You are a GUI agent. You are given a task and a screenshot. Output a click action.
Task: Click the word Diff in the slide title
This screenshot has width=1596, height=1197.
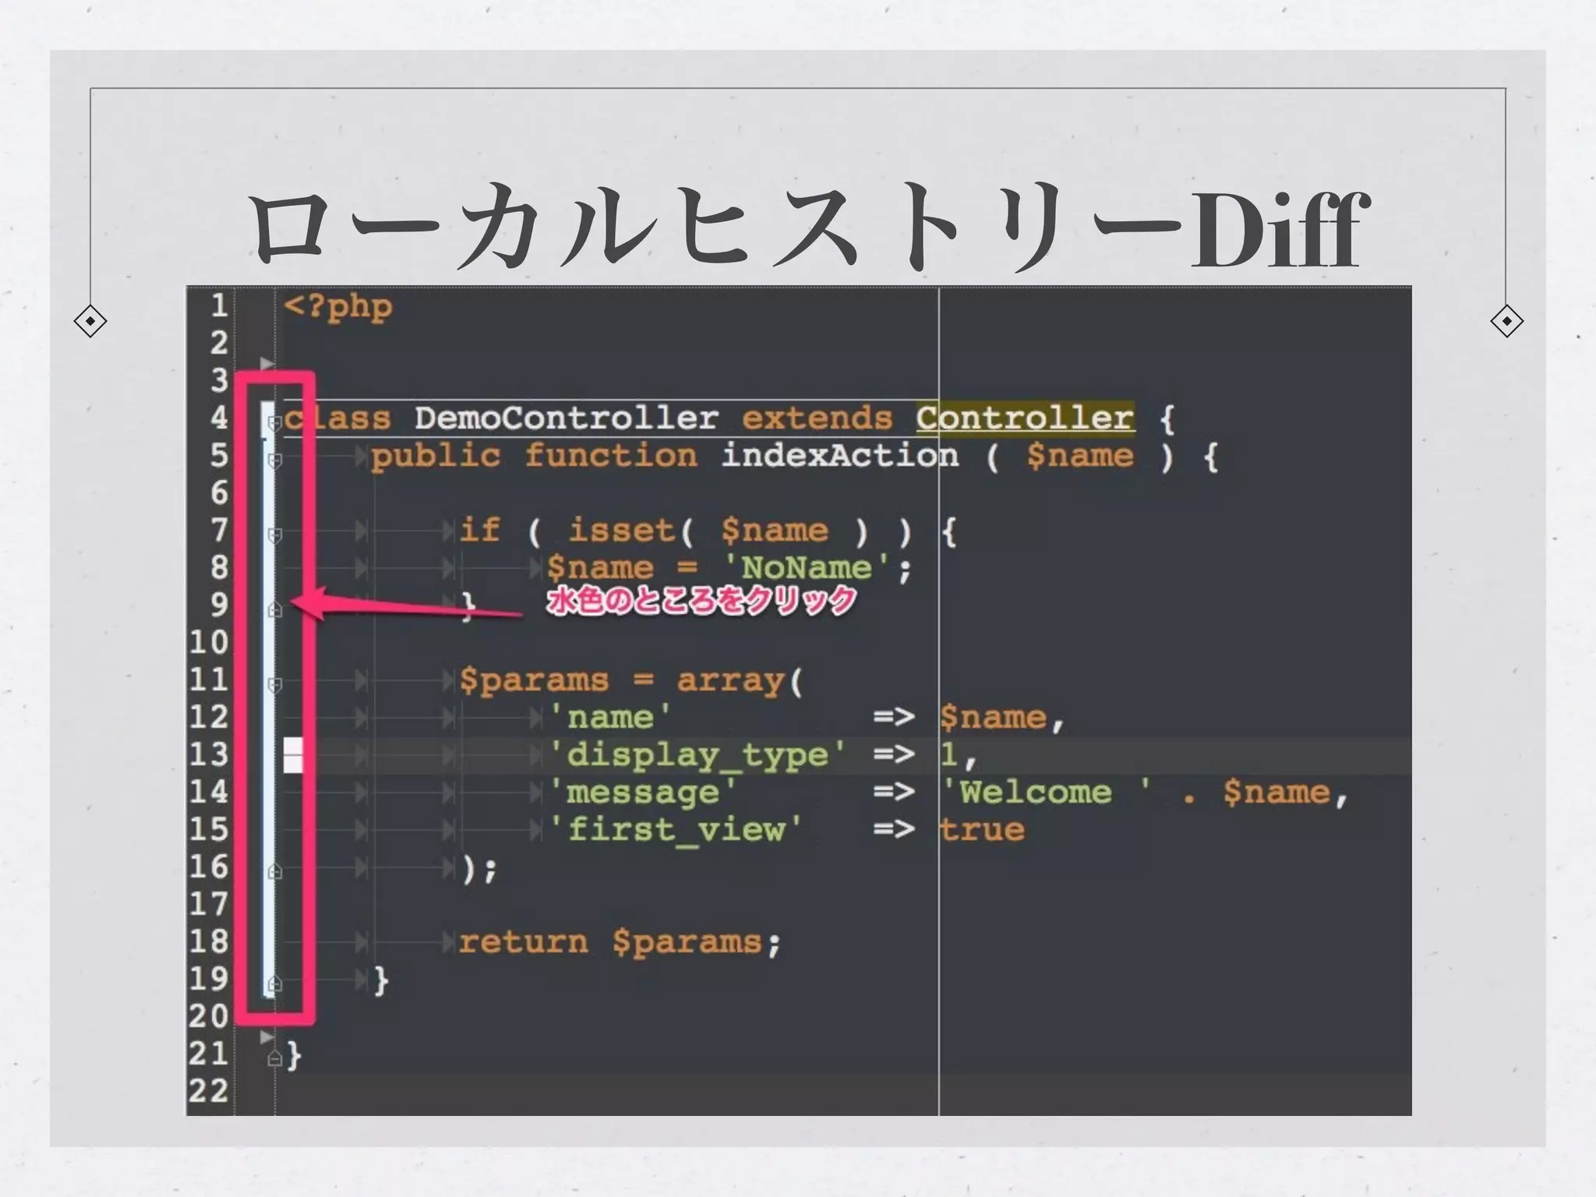click(1278, 231)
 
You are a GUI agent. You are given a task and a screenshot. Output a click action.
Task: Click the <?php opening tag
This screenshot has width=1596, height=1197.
click(338, 306)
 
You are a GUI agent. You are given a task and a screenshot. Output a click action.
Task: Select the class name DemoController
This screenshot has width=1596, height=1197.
click(566, 418)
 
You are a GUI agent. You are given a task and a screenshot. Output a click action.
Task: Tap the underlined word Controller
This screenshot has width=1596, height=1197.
click(1025, 418)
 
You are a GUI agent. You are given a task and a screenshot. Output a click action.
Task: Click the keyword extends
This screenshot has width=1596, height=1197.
click(817, 418)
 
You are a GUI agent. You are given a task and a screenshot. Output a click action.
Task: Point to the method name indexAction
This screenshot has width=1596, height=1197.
click(839, 456)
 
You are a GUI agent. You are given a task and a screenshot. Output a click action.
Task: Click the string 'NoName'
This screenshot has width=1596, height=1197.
click(807, 568)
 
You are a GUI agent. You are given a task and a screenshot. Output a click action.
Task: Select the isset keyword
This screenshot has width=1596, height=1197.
click(621, 531)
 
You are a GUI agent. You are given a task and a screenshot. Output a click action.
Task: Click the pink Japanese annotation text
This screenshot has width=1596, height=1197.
click(701, 602)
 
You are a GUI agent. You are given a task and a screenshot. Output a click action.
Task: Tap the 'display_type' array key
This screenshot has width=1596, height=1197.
click(697, 755)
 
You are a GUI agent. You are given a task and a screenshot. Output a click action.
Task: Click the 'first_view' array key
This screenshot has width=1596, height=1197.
click(675, 830)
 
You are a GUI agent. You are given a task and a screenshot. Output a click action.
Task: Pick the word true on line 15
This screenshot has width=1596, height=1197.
click(982, 830)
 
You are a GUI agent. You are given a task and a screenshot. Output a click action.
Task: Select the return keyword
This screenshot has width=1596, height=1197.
click(523, 942)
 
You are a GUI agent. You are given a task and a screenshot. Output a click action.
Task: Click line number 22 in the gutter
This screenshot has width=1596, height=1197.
click(209, 1091)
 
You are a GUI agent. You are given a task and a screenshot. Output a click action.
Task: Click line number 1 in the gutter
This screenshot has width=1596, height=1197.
click(219, 305)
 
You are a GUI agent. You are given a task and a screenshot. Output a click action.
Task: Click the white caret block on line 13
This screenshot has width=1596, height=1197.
click(293, 755)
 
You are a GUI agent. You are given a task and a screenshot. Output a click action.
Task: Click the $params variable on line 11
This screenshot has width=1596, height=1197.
click(534, 680)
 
